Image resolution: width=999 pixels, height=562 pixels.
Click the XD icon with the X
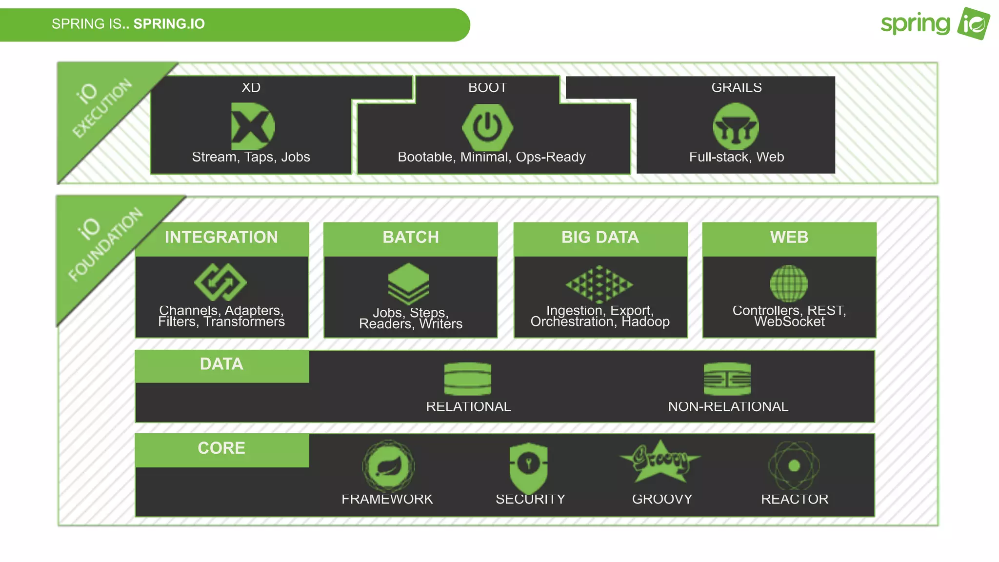[x=252, y=126]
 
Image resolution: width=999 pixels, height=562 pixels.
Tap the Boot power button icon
[x=487, y=127]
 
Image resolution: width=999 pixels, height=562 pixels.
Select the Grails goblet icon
[x=736, y=127]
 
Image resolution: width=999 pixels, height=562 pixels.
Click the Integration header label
[x=221, y=238]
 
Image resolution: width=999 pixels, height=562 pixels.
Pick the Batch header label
[x=411, y=238]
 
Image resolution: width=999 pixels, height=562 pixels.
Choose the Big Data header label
[x=600, y=238]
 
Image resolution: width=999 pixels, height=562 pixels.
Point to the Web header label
[x=789, y=238]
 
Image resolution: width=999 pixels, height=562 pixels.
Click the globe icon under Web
[x=789, y=283]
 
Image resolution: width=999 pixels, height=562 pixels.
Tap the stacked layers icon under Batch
[x=409, y=283]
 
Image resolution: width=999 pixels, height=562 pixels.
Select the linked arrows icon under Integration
[x=220, y=282]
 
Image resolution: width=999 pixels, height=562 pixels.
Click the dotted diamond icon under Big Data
[x=599, y=284]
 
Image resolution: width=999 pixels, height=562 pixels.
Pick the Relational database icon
[x=468, y=379]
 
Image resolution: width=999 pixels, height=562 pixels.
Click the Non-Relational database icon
[x=727, y=379]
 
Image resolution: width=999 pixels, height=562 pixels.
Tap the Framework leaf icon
[x=388, y=466]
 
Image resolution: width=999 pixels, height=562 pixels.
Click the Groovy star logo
[x=660, y=461]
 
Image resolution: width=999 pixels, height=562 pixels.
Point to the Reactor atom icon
[x=794, y=466]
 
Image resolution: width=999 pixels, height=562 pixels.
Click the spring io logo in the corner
[x=935, y=23]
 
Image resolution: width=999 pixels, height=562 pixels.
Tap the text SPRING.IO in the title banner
[x=169, y=24]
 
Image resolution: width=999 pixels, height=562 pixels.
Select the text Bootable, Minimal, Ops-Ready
[x=492, y=157]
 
